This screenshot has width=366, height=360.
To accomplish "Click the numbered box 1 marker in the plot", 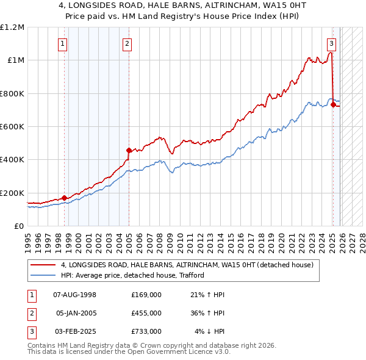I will (x=63, y=43).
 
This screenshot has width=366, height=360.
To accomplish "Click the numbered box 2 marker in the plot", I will (x=126, y=43).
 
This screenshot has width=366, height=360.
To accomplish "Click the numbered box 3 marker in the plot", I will (x=331, y=43).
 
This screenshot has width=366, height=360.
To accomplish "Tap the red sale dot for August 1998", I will (x=64, y=198).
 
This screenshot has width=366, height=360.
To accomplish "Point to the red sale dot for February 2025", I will (x=333, y=104).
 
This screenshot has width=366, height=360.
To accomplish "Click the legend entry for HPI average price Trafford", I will (x=132, y=275).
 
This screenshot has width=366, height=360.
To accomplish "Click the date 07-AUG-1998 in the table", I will (x=75, y=295).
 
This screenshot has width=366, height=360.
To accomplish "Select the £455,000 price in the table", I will (x=146, y=313).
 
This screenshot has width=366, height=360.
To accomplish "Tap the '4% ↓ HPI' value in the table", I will (x=210, y=331).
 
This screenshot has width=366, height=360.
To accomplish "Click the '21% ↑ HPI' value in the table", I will (x=208, y=295).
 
